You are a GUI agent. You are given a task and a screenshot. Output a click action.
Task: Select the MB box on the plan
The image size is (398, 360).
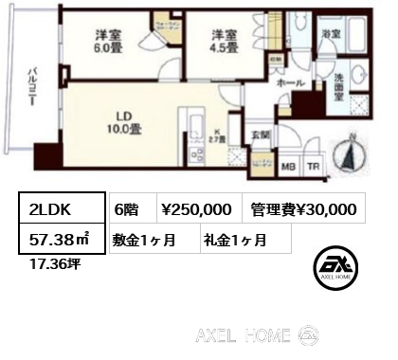pyautogui.click(x=293, y=173)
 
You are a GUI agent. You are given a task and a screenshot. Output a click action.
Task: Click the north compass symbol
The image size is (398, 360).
pyautogui.click(x=350, y=156)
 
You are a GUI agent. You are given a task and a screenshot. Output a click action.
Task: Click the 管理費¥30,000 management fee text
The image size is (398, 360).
pyautogui.click(x=304, y=210)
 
